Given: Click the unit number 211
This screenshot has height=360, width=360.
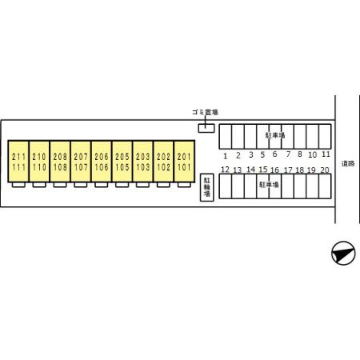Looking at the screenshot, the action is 18,157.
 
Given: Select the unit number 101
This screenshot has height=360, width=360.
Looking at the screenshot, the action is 184,167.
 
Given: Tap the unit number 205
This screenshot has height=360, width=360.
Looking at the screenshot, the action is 122,157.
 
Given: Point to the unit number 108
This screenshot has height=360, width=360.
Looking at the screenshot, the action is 60,167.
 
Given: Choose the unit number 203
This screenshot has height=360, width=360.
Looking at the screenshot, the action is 142,157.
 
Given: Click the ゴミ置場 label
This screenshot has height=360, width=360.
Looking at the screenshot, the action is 205,112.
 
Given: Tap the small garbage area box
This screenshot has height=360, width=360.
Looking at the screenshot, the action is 206,128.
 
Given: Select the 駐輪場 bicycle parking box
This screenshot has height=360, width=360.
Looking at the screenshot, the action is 207,187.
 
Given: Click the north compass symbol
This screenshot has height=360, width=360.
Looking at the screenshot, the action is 343,253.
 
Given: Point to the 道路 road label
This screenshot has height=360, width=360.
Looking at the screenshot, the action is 348,163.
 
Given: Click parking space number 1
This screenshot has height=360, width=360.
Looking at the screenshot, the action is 226,156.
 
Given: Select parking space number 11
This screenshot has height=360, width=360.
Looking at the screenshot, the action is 326,154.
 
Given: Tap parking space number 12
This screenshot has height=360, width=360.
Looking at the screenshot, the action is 225,170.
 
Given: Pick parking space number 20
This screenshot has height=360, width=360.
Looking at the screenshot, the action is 325,170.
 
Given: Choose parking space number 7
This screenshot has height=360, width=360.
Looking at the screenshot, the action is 288,154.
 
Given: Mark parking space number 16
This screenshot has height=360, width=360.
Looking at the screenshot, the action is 274,170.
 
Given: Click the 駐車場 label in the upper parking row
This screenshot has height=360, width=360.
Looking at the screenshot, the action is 275,135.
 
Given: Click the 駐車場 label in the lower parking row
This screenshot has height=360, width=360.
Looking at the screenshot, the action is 269,185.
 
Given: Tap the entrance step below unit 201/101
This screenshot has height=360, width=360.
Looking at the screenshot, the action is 184,185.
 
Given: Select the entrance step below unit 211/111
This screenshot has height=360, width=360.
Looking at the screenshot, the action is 18,185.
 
